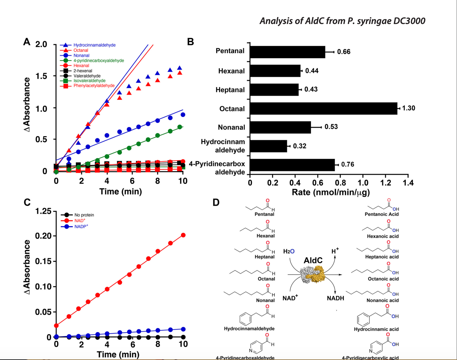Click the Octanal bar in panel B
(323, 109)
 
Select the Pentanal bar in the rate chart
(287, 52)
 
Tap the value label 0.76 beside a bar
(347, 164)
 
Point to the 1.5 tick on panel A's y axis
(41, 76)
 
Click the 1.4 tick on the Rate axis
(408, 182)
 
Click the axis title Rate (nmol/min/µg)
(331, 192)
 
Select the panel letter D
(216, 202)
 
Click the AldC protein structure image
(312, 275)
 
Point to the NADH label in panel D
(335, 298)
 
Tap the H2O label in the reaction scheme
(289, 251)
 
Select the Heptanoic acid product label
(382, 257)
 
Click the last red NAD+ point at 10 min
(183, 235)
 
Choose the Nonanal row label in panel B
(231, 127)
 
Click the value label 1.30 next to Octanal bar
(408, 108)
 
